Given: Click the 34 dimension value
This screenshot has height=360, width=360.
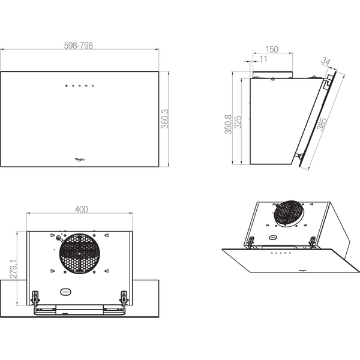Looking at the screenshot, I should click(x=326, y=62).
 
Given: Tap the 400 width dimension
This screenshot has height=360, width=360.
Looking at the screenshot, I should click(x=82, y=209).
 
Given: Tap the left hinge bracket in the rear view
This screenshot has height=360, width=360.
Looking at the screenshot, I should click(x=37, y=296).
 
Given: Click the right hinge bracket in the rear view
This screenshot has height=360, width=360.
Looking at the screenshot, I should click(x=124, y=296).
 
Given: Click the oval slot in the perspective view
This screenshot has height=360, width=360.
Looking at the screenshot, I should click(x=274, y=238).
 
